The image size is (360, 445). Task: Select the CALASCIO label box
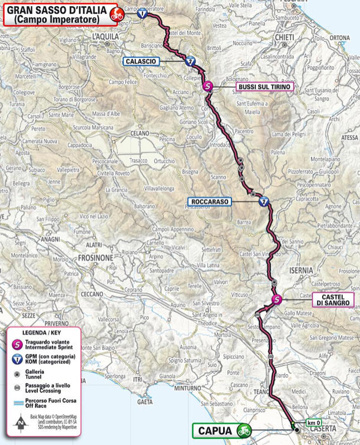[x=141, y=61]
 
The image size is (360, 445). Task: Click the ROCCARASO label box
[x=209, y=201]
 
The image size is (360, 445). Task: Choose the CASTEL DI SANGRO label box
[x=333, y=299]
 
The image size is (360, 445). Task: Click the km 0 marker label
[x=313, y=423]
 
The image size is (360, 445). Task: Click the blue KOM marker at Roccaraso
[x=263, y=202]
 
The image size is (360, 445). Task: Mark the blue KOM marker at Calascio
[x=188, y=61]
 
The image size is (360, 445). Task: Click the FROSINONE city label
[x=95, y=257]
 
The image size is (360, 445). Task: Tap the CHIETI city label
[x=284, y=37]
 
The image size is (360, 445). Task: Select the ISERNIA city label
[x=301, y=270]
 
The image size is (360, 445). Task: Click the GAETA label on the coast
[x=145, y=402]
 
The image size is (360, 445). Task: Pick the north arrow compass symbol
[x=19, y=424]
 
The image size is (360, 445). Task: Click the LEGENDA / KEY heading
[x=39, y=333]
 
